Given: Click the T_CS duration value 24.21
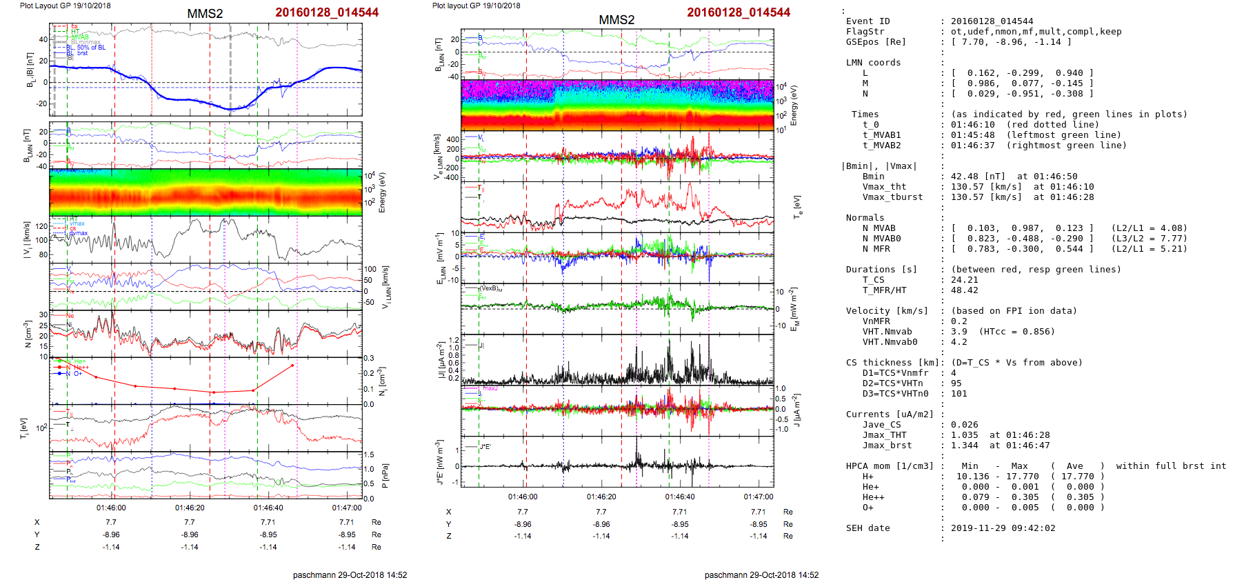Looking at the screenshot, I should pyautogui.click(x=964, y=280).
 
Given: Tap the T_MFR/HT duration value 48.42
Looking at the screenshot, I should pyautogui.click(x=964, y=290).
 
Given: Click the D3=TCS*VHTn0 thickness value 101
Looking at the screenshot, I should pyautogui.click(x=959, y=394).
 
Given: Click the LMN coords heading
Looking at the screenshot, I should pyautogui.click(x=873, y=63).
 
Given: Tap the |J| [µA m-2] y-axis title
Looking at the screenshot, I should pyautogui.click(x=441, y=359).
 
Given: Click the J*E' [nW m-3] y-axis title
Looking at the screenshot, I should pyautogui.click(x=440, y=461).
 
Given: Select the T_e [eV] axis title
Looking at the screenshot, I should pyautogui.click(x=797, y=206).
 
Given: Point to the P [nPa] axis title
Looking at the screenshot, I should pyautogui.click(x=385, y=475).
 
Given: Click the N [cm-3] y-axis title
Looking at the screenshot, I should pyautogui.click(x=28, y=334).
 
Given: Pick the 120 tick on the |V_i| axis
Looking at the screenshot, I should pyautogui.click(x=42, y=226).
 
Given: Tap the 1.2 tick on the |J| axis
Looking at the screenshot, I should pyautogui.click(x=454, y=340).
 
